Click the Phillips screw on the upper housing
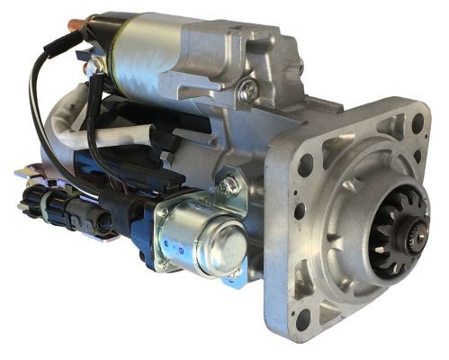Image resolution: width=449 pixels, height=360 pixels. [248, 91]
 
